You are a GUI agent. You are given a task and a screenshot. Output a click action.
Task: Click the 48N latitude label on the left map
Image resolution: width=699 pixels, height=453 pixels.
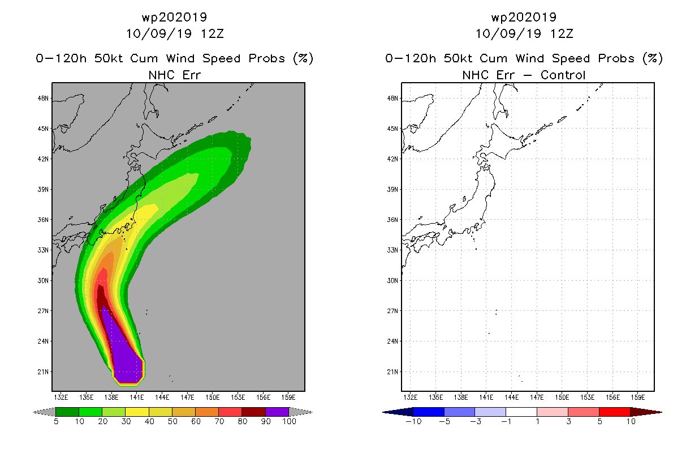point(43,99)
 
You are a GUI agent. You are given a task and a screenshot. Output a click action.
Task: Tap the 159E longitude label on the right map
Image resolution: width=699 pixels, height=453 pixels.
point(638,398)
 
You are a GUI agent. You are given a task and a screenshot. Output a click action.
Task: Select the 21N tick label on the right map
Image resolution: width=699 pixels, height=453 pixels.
point(392,372)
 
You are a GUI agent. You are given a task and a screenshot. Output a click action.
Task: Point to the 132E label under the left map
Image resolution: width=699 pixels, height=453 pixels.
point(61,398)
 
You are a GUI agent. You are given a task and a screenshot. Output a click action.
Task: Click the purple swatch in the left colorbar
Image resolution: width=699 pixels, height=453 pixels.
point(277,412)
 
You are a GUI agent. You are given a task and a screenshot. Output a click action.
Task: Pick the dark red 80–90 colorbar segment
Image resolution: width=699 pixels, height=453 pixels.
point(254,412)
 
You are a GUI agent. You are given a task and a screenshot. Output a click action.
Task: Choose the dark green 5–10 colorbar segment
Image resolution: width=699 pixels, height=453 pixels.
point(67,412)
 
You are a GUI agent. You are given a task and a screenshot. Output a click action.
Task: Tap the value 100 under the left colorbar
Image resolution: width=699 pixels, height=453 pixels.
point(289,421)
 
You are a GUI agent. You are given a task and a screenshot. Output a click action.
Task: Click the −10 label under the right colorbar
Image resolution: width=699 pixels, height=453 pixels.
point(413,421)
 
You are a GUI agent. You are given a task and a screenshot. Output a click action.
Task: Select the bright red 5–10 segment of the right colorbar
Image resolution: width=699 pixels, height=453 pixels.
point(615,412)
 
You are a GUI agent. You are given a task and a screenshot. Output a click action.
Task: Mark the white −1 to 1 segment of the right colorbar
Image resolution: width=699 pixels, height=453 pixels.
point(521,412)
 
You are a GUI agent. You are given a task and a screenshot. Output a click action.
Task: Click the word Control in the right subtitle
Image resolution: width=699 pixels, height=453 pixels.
point(563,75)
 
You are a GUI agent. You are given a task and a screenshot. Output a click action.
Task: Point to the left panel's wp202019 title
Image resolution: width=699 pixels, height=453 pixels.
point(174,17)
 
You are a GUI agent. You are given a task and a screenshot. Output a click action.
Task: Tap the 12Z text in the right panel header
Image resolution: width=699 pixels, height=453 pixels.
point(562,33)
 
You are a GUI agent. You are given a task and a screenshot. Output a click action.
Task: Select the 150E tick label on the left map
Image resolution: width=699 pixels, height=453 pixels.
point(213,398)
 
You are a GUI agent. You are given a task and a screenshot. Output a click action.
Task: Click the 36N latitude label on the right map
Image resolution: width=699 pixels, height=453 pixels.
point(392,220)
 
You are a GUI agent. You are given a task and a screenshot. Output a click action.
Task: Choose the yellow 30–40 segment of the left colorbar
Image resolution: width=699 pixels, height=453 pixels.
point(137,412)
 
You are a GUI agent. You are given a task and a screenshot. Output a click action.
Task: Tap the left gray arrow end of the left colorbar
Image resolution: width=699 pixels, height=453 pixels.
point(44,412)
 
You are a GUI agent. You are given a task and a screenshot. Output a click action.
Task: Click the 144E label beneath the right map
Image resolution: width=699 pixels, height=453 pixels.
point(511,398)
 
